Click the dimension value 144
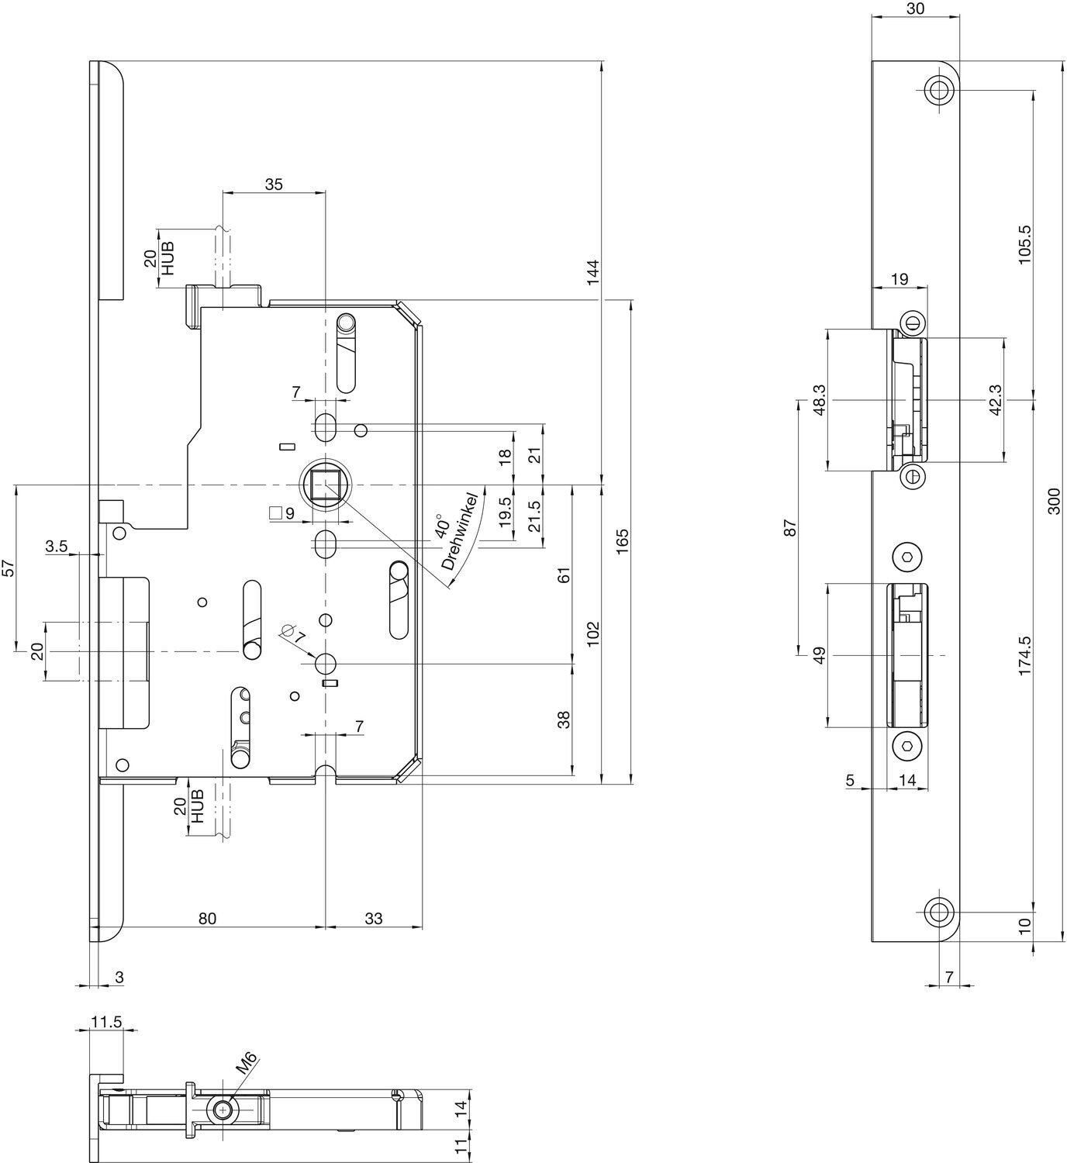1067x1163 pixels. point(592,272)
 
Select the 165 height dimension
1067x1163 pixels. point(622,541)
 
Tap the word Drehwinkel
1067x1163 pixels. point(463,532)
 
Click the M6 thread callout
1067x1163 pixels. point(247,1062)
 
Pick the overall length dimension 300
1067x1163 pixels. point(1055,501)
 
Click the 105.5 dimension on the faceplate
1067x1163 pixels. point(1024,245)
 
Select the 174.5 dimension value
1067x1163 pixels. point(1024,655)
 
